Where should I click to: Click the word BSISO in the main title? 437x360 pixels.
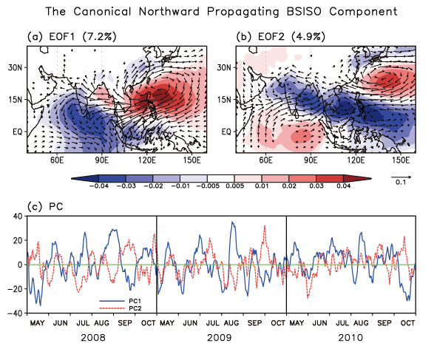tap(305, 12)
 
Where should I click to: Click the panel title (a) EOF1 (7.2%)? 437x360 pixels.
tap(72, 36)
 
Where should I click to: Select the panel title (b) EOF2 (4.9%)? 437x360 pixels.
tap(281, 36)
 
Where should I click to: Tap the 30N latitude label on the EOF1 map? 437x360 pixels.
tap(15, 67)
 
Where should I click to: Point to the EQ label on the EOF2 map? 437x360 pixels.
tap(226, 132)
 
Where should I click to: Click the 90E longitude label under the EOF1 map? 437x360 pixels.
tap(102, 160)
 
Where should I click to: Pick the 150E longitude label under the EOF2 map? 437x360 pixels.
tap(401, 160)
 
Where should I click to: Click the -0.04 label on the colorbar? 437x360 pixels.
tap(99, 186)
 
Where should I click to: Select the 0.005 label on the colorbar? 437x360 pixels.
tap(234, 186)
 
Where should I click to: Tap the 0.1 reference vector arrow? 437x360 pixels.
tap(401, 177)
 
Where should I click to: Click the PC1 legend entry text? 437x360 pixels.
tap(135, 301)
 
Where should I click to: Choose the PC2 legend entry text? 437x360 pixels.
tap(135, 308)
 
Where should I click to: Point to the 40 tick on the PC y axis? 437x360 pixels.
tap(18, 216)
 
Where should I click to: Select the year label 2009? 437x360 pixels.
tap(220, 338)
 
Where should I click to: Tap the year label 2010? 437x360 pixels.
tap(350, 338)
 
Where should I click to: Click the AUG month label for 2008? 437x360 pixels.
tap(101, 323)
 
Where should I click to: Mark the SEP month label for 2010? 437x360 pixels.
tap(385, 323)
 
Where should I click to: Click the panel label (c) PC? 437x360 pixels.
tap(45, 207)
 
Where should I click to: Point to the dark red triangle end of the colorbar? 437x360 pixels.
tap(358, 178)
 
